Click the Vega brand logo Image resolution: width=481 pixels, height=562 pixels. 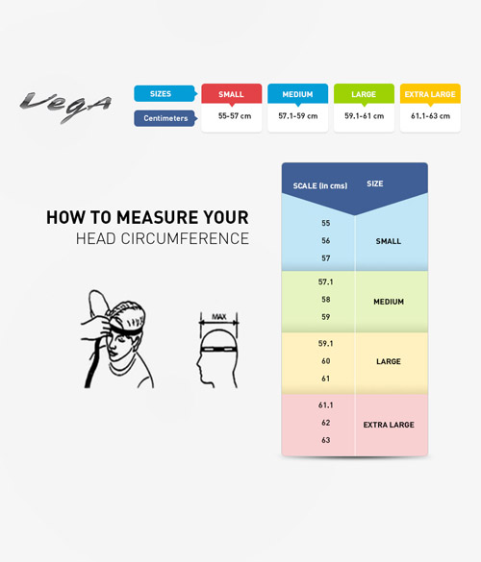(65, 106)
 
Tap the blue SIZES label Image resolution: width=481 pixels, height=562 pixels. (165, 93)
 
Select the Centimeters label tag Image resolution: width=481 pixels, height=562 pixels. (165, 118)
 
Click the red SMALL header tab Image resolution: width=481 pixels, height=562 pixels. (232, 94)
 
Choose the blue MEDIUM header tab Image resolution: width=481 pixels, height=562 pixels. (297, 94)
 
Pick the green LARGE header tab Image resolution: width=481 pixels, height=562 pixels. (364, 94)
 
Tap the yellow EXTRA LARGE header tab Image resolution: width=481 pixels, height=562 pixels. (430, 94)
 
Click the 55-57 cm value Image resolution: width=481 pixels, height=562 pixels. (235, 116)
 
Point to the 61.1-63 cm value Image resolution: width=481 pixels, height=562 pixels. (430, 116)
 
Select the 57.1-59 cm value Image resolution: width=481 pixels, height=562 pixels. (298, 116)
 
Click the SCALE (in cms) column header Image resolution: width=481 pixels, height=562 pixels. (320, 185)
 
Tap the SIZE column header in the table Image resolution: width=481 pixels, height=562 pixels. (375, 183)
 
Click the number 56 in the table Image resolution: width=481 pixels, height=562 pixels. (326, 240)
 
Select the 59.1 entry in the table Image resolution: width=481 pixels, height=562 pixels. (325, 343)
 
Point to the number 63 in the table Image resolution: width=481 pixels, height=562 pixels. (326, 440)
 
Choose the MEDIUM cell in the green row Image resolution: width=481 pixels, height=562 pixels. (389, 302)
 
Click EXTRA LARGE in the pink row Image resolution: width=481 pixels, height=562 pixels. (389, 425)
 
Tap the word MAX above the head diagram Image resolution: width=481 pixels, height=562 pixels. (219, 317)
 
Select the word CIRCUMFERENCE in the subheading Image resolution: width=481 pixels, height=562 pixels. (185, 238)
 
